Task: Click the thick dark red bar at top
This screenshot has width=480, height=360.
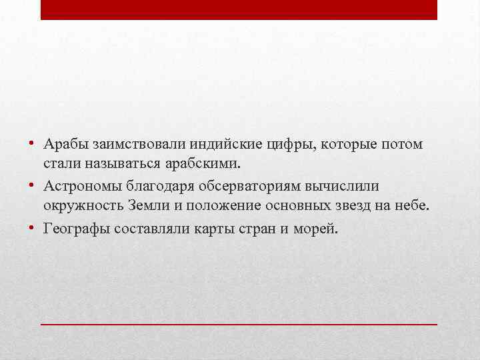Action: click(x=239, y=9)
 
